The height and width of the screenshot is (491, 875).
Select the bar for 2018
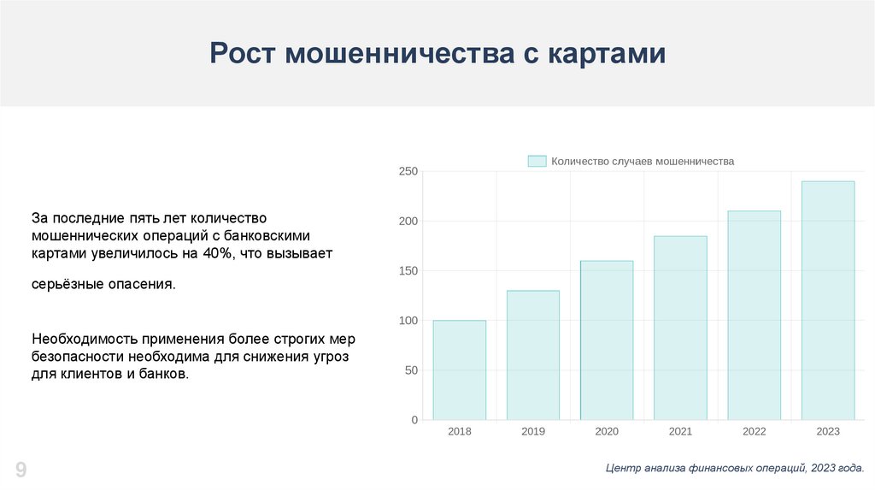point(459,370)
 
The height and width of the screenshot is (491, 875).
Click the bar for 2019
point(533,355)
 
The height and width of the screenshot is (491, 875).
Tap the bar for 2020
point(607,340)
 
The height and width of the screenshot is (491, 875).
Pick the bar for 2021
point(680,328)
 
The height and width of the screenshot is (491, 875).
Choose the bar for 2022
point(754,316)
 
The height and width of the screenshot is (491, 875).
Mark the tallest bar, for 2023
point(828,300)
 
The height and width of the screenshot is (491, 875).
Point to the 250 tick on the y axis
point(408,171)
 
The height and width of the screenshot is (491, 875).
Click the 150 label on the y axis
point(408,271)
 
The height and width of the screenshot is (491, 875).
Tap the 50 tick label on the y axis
point(411,370)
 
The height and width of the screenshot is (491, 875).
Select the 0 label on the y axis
point(414,420)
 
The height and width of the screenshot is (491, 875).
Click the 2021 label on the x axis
point(680,431)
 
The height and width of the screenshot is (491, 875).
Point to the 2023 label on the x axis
point(828,431)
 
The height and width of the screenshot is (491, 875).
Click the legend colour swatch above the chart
point(537,161)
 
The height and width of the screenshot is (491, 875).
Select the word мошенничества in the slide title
point(400,53)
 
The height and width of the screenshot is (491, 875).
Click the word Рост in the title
point(242,53)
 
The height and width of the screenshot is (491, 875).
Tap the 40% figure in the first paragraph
point(217,253)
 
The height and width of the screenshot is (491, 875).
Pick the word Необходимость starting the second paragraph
point(85,339)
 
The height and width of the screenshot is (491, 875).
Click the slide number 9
point(21,470)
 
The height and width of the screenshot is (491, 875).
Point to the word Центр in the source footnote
point(623,468)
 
